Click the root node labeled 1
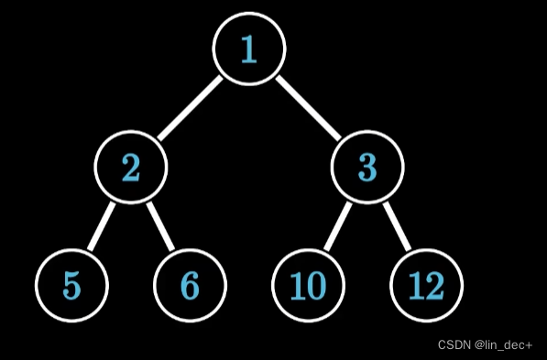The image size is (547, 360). point(249,49)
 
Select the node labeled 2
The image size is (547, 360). point(132,167)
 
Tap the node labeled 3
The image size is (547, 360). point(366,167)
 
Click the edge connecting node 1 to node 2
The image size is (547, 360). point(190,108)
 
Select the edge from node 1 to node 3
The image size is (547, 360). point(308,108)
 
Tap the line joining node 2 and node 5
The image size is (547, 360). point(102,226)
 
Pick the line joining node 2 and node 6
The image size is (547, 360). point(161,226)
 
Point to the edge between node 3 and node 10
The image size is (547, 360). point(337,226)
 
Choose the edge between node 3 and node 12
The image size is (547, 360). point(396,226)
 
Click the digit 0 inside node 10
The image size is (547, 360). point(316,286)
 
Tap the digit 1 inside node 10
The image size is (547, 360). point(298,286)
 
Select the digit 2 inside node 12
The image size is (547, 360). point(434,286)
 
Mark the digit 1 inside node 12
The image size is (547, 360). point(416,286)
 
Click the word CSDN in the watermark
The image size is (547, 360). point(454,345)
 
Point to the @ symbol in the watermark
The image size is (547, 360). point(479,345)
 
